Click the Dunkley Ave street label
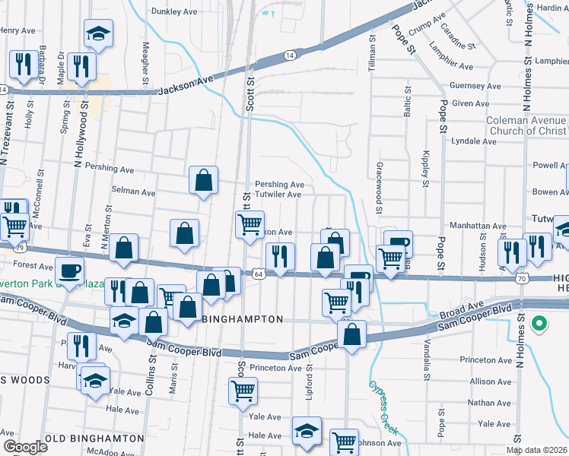[x=174, y=12]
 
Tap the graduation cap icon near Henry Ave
[x=97, y=33]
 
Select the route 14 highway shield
[x=290, y=55]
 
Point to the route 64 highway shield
[x=259, y=274]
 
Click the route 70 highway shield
[x=522, y=278]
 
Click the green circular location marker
[x=539, y=325]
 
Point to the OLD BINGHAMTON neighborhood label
[x=94, y=439]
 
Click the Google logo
[x=25, y=447]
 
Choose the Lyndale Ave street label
[x=474, y=141]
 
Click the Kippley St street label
[x=425, y=167]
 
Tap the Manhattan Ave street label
[x=478, y=226]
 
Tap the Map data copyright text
[x=537, y=450]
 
